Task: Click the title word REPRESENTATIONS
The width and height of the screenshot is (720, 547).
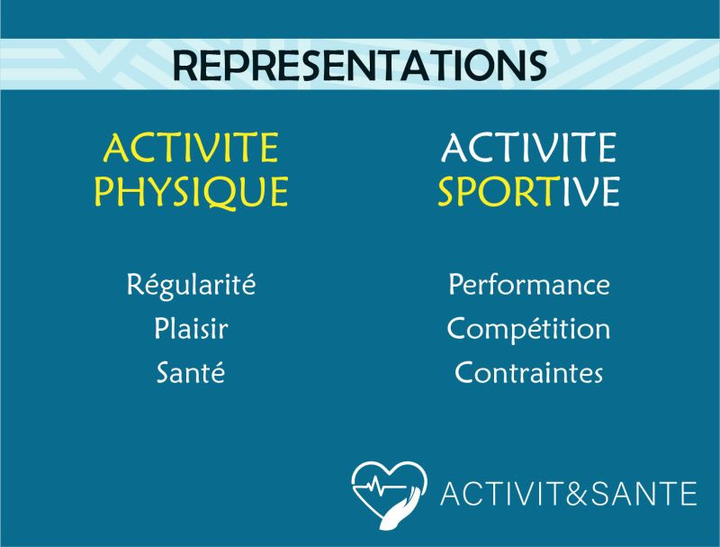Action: coord(359,65)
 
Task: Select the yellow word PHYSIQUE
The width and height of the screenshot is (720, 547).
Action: coord(191,192)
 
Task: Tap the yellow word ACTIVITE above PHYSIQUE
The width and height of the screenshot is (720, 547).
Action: coord(191,148)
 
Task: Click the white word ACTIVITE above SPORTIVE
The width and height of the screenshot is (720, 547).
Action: coord(529,148)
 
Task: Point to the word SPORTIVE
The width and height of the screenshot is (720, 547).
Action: coord(528,191)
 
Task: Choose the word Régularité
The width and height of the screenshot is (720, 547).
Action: coord(191,285)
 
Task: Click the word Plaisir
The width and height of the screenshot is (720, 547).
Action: coord(191,328)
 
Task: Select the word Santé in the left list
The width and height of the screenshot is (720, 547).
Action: coord(191,371)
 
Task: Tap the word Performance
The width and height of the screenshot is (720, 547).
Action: coord(529,284)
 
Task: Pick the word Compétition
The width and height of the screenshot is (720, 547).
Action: coord(529,329)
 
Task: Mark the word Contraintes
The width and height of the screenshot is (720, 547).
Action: coord(529,372)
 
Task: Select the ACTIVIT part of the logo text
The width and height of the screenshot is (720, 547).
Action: coord(502,494)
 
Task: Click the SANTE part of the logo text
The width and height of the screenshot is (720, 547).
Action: coord(643,494)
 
